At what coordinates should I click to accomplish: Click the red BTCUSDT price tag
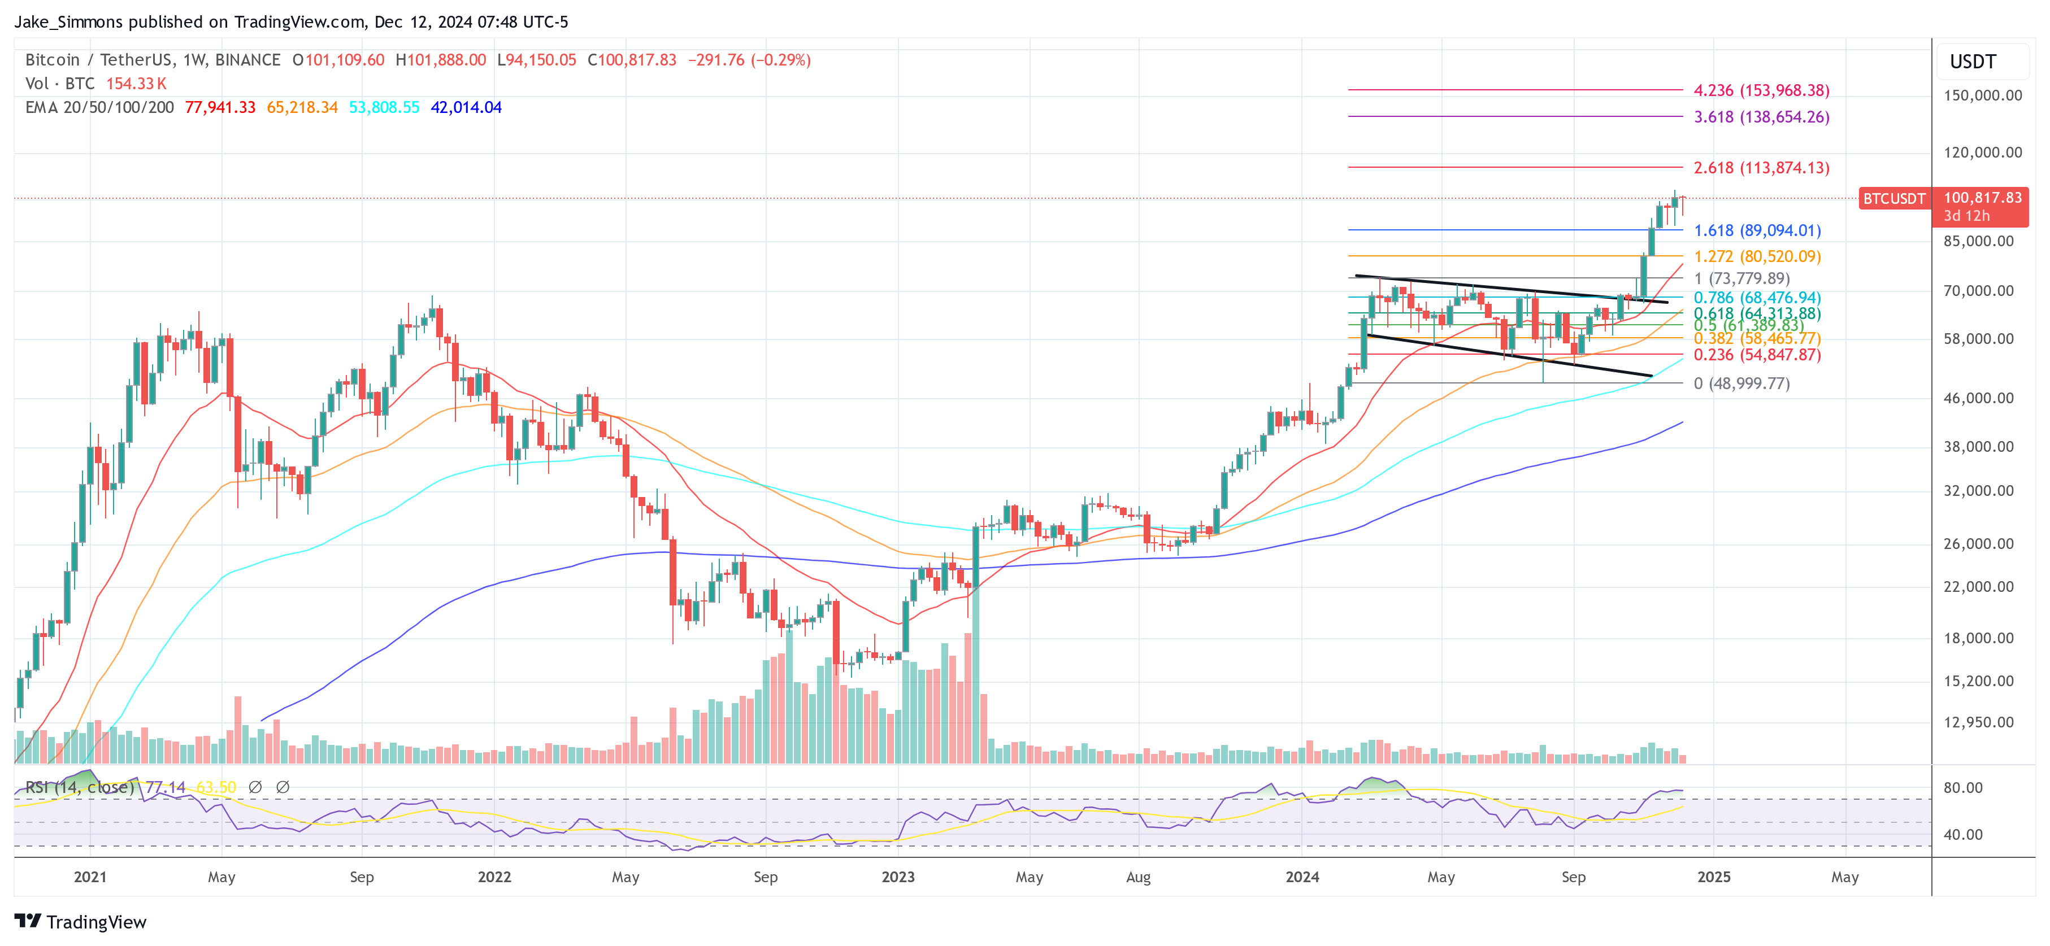pyautogui.click(x=1893, y=199)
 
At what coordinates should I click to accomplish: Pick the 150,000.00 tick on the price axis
pyautogui.click(x=1982, y=95)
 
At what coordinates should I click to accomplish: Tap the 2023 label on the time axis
pyautogui.click(x=898, y=877)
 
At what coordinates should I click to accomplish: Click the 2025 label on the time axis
pyautogui.click(x=1713, y=877)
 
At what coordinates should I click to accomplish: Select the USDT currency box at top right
pyautogui.click(x=1972, y=62)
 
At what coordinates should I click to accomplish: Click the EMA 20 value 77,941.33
pyautogui.click(x=220, y=107)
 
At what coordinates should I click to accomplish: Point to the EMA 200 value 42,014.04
pyautogui.click(x=466, y=107)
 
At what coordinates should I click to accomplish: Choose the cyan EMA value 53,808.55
pyautogui.click(x=384, y=107)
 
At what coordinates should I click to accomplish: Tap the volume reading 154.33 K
pyautogui.click(x=136, y=84)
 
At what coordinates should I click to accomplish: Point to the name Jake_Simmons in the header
pyautogui.click(x=68, y=21)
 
